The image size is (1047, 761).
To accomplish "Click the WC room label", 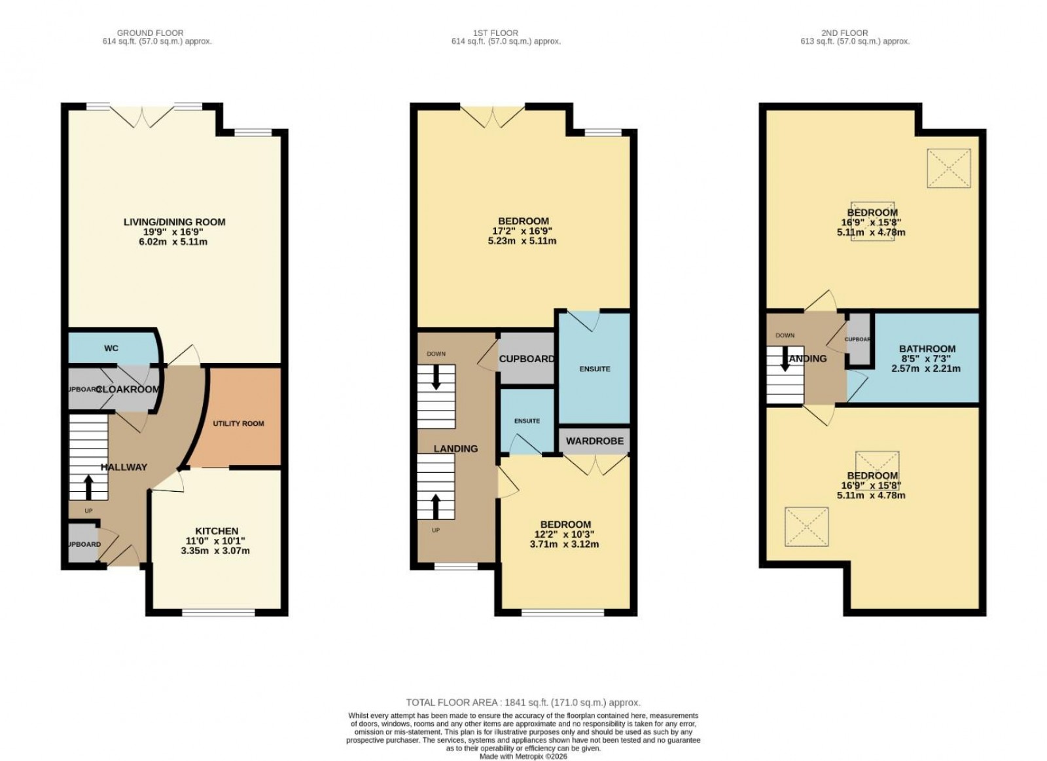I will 111,348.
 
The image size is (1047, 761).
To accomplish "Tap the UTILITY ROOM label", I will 238,424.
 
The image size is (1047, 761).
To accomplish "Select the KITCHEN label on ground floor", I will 217,531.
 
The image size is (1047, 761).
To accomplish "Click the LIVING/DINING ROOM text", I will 174,222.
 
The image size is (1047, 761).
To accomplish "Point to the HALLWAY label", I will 124,467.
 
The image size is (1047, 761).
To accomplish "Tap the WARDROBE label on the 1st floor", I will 595,441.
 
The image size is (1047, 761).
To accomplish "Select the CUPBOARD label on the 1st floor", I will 527,359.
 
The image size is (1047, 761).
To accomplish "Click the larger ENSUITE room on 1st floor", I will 594,369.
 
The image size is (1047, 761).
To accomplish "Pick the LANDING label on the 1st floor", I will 455,449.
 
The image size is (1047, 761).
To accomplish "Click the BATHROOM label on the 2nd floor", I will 927,349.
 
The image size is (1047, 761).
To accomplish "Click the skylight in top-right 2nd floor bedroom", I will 949,168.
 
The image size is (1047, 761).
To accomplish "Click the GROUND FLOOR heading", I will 150,33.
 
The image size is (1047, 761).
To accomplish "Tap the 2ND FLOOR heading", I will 844,33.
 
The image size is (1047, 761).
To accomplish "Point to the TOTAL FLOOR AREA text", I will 523,702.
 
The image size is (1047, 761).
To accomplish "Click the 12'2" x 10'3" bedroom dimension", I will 565,534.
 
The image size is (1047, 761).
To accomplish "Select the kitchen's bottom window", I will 218,613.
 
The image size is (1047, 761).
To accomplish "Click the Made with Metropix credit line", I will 523,756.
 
